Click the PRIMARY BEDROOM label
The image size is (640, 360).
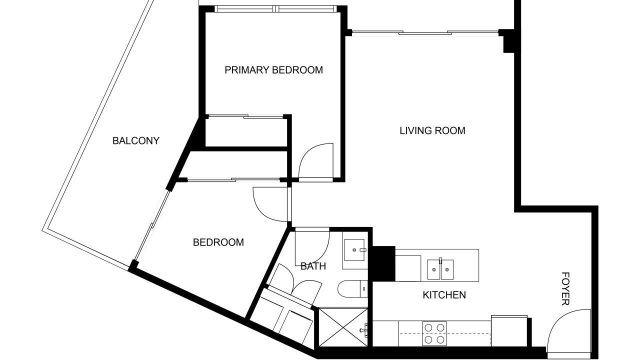(x=273, y=70)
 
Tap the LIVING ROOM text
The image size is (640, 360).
(x=432, y=130)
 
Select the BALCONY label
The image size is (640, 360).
(x=135, y=140)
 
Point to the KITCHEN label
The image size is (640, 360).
(x=444, y=295)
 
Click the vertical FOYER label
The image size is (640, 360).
(x=565, y=288)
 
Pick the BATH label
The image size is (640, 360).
(x=313, y=266)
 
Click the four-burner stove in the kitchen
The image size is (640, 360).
(x=434, y=333)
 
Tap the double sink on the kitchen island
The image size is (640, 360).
(x=440, y=269)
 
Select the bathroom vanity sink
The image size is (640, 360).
(x=354, y=250)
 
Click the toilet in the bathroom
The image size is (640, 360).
(x=352, y=289)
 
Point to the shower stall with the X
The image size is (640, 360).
(x=343, y=327)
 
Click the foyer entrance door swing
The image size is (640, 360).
(x=568, y=331)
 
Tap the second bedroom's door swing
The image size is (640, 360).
(x=270, y=204)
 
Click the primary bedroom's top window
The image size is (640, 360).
(x=275, y=9)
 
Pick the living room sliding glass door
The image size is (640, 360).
(x=425, y=32)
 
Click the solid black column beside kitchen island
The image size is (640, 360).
(x=383, y=263)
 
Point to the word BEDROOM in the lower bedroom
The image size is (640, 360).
(x=218, y=242)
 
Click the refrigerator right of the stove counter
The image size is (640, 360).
(x=509, y=330)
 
